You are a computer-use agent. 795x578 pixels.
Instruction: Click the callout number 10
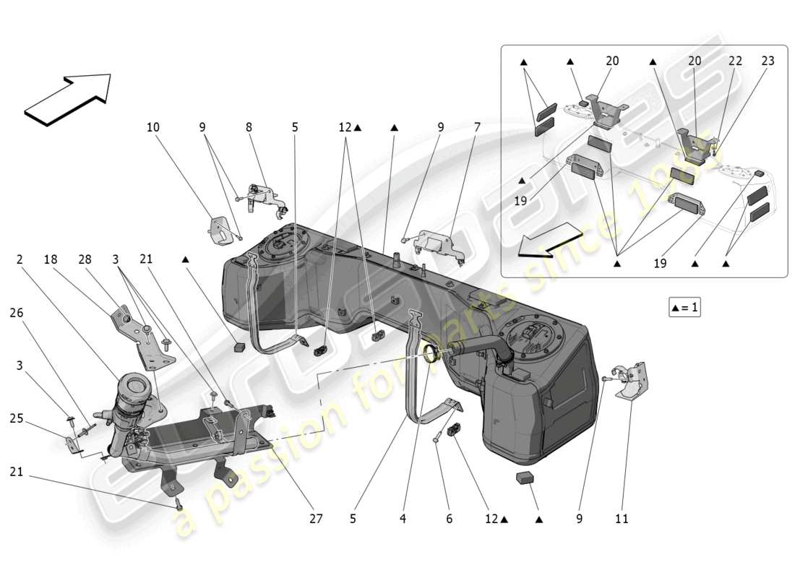tap(152, 127)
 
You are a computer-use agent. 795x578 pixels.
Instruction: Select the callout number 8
tap(249, 127)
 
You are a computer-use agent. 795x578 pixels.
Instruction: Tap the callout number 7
tap(477, 127)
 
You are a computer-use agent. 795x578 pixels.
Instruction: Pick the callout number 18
tap(50, 259)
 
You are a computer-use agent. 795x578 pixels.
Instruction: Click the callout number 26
tap(17, 313)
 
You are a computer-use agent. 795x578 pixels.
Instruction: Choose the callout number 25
tap(17, 418)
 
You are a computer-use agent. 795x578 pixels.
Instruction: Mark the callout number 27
tap(316, 518)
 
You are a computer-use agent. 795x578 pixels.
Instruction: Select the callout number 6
tap(449, 518)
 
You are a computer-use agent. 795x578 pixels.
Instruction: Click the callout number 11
tap(622, 518)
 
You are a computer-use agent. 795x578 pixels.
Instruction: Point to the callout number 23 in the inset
tap(768, 61)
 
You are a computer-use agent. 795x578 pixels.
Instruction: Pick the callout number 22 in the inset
tap(735, 61)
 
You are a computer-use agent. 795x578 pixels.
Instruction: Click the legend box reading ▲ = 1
tap(684, 308)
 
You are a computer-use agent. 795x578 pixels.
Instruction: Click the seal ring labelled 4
tap(431, 353)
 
